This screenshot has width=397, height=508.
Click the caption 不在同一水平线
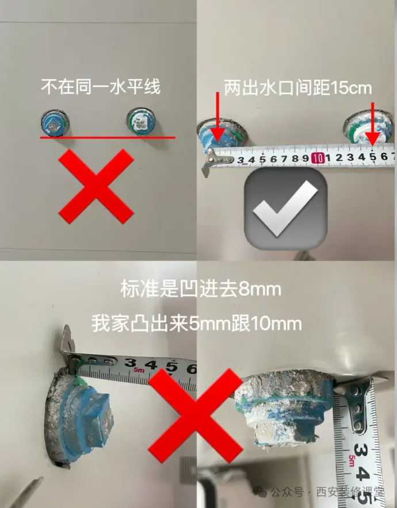click(101, 87)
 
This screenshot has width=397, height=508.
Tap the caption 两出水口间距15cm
click(298, 88)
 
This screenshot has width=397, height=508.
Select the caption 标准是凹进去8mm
click(201, 289)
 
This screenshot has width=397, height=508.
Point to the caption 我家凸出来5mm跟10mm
click(197, 324)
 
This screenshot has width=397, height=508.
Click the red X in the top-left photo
click(96, 186)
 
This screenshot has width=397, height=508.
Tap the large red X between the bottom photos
click(196, 415)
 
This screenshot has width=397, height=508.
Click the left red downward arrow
click(218, 117)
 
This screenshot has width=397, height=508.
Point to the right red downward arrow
click(372, 124)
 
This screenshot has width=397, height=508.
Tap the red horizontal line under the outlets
click(108, 138)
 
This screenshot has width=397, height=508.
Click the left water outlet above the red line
click(55, 123)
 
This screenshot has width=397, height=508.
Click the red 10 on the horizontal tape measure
click(317, 158)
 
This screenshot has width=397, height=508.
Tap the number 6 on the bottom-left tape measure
click(192, 369)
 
